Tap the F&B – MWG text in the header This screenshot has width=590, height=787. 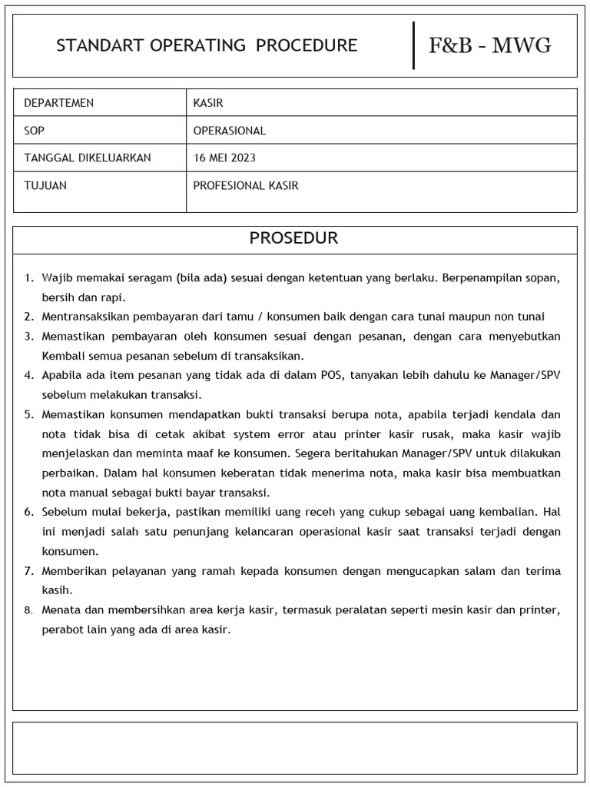click(x=489, y=45)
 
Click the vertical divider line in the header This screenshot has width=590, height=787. click(x=414, y=45)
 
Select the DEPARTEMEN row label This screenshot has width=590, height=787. click(x=59, y=103)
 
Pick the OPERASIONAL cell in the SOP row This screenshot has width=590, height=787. click(x=230, y=131)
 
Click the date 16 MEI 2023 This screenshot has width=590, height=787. click(x=224, y=158)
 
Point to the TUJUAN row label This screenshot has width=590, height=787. click(x=45, y=185)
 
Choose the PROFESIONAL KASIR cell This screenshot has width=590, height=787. click(x=246, y=185)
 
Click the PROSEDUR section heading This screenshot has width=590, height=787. click(x=293, y=238)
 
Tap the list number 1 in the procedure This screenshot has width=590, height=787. click(x=28, y=277)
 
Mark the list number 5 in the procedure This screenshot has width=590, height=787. click(x=28, y=414)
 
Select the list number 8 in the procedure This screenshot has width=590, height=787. click(x=28, y=610)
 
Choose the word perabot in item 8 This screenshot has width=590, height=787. click(x=62, y=629)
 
